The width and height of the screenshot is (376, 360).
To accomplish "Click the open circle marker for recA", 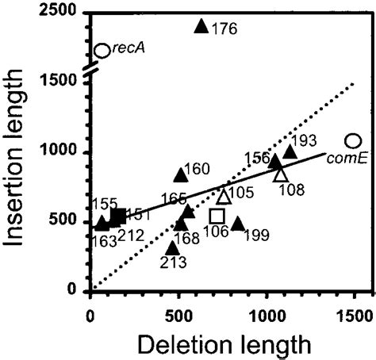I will pyautogui.click(x=102, y=51).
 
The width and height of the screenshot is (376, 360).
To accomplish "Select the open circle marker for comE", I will pyautogui.click(x=355, y=140).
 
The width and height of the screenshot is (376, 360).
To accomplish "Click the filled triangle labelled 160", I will pyautogui.click(x=181, y=175).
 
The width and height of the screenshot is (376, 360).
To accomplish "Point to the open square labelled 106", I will pyautogui.click(x=217, y=216).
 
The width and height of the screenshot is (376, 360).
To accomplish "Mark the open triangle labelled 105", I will pyautogui.click(x=224, y=196).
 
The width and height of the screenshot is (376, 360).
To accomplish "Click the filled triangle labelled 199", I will pyautogui.click(x=238, y=224).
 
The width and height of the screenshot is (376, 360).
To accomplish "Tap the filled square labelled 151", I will pyautogui.click(x=117, y=216).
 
